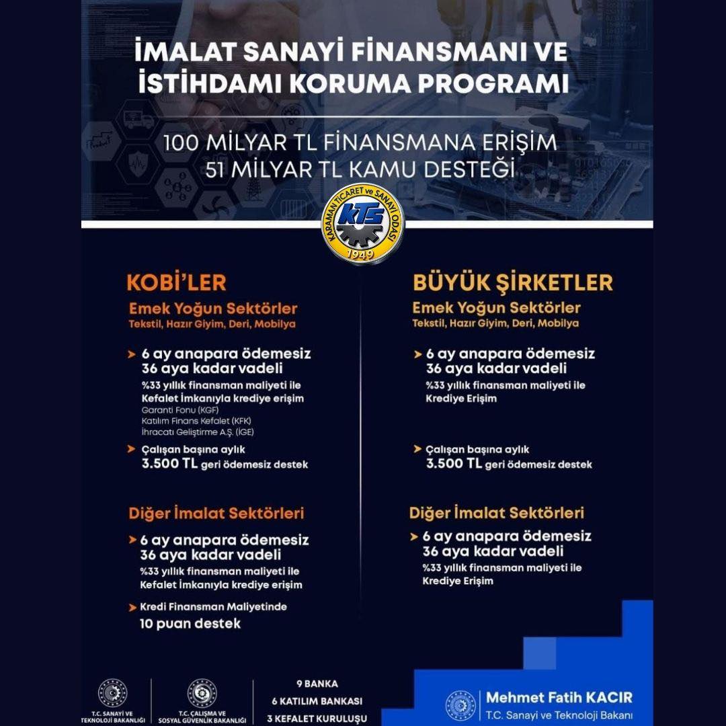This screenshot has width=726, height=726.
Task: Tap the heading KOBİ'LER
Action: [x=177, y=282]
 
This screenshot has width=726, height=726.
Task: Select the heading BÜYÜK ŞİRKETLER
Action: [x=512, y=282]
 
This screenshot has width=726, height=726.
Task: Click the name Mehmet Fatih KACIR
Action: [x=559, y=697]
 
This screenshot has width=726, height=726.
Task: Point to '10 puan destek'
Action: [x=190, y=623]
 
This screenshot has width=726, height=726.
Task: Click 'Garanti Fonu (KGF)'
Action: [x=180, y=410]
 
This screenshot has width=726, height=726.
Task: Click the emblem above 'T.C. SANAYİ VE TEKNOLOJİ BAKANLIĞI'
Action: [x=112, y=693]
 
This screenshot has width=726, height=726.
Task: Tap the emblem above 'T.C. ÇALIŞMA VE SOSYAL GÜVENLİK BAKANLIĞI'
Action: [x=202, y=693]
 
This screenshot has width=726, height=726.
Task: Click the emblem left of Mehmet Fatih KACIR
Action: [x=461, y=705]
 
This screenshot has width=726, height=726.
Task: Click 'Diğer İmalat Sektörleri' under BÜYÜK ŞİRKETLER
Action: [x=497, y=513]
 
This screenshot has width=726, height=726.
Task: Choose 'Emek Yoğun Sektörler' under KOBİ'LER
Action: [x=213, y=309]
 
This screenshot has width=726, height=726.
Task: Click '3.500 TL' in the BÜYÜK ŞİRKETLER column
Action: [x=452, y=465]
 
